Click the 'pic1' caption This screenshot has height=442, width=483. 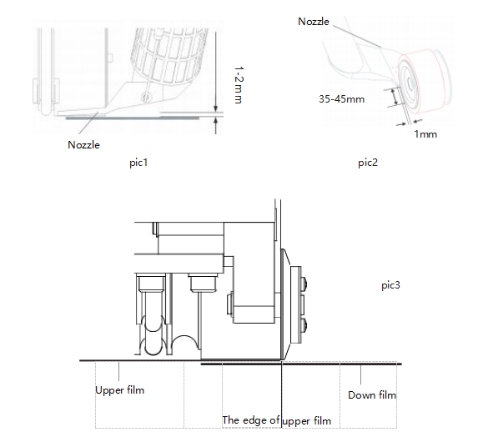tap(138, 163)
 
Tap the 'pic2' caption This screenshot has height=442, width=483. tap(368, 163)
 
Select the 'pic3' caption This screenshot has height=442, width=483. tap(390, 285)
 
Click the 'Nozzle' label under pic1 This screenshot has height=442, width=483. tap(83, 145)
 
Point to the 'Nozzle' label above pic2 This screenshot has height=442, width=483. tap(314, 21)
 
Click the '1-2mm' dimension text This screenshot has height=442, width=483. tap(239, 85)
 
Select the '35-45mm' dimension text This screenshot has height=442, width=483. tap(342, 99)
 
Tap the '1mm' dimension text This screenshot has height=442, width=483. tap(425, 134)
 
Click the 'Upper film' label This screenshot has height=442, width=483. tap(120, 390)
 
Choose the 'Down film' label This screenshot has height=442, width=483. tap(372, 395)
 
